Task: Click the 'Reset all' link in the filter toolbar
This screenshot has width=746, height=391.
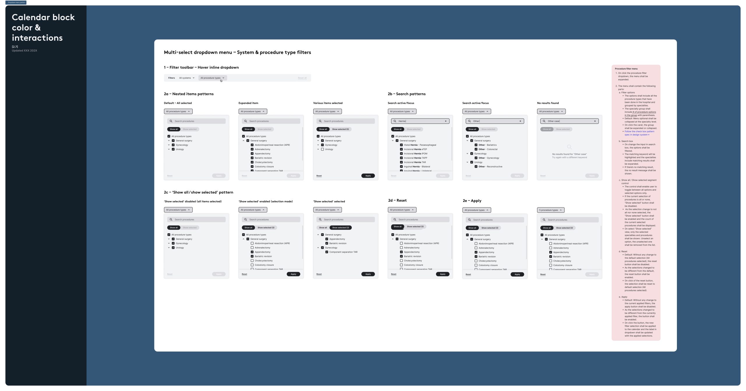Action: point(302,78)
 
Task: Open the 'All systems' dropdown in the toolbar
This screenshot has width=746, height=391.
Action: point(186,78)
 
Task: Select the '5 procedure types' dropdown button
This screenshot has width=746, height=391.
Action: point(550,210)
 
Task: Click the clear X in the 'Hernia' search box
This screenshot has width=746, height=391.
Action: point(446,121)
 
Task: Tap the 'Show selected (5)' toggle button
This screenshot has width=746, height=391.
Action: point(340,129)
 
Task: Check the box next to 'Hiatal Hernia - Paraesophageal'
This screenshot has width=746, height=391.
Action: point(401,145)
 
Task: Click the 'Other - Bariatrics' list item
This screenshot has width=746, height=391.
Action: point(487,145)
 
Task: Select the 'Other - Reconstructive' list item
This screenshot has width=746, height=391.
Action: point(490,167)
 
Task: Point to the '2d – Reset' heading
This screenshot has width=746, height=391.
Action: point(397,200)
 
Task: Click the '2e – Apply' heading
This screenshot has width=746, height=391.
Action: point(472,201)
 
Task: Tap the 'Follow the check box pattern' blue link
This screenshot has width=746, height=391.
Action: point(639,132)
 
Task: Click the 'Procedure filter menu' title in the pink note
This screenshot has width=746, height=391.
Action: point(626,69)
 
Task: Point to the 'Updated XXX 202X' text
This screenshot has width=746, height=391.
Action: point(24,51)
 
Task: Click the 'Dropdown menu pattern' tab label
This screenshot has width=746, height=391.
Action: point(16,2)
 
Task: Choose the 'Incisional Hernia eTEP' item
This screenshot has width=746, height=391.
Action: point(415,149)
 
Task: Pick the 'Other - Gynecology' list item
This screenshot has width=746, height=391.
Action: point(489,158)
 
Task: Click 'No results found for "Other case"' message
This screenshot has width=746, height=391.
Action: point(569,154)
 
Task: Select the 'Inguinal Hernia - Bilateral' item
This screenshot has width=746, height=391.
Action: point(417,167)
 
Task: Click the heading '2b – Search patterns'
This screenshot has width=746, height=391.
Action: point(407,94)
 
